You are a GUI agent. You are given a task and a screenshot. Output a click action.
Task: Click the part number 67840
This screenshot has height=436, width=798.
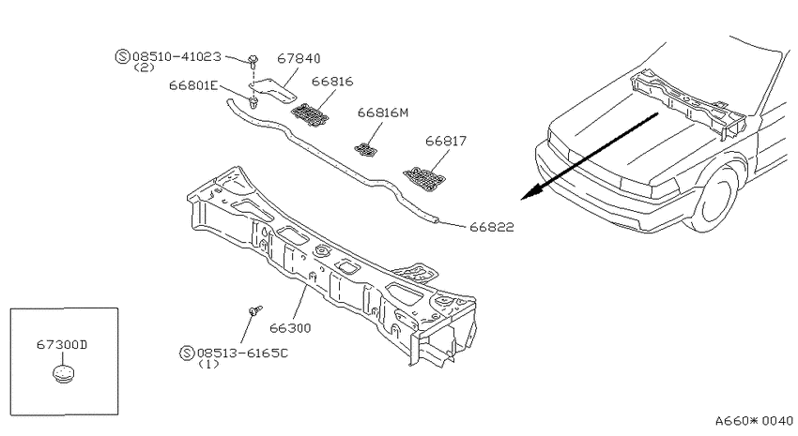click(x=299, y=58)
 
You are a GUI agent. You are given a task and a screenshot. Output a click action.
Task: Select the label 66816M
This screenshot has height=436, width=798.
click(x=383, y=113)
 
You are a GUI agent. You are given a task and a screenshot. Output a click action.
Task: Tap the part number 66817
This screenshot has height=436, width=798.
click(x=446, y=141)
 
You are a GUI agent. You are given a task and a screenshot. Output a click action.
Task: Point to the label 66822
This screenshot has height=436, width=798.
click(x=492, y=227)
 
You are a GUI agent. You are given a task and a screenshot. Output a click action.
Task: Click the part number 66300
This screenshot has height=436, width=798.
click(x=290, y=328)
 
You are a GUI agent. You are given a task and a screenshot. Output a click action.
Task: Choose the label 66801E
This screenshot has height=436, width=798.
click(x=193, y=85)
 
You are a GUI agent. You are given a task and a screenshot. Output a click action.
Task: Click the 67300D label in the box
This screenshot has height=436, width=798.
click(x=62, y=344)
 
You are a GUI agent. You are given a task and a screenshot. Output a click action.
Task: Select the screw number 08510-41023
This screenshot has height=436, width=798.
click(x=176, y=56)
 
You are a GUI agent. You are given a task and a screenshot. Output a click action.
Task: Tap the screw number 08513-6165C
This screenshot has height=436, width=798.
click(x=243, y=353)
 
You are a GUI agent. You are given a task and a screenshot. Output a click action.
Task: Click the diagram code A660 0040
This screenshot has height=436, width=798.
click(x=754, y=421)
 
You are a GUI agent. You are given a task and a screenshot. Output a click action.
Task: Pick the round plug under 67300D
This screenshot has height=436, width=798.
click(x=63, y=373)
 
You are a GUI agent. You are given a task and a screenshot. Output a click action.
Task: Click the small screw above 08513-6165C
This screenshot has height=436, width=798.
click(x=255, y=309)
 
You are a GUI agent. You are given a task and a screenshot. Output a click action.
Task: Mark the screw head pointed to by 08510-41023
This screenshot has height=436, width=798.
click(x=253, y=59)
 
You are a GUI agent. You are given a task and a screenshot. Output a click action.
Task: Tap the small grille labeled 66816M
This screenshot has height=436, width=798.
click(x=366, y=149)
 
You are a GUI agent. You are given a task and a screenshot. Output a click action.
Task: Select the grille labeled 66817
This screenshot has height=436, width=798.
click(x=424, y=179)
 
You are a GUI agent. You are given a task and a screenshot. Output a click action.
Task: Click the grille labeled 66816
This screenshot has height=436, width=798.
click(x=310, y=114)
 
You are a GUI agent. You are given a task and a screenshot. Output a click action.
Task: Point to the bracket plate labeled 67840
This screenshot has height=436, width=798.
click(x=274, y=90)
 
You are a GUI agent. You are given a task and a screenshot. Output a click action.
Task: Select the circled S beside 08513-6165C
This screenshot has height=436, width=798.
click(x=187, y=353)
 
